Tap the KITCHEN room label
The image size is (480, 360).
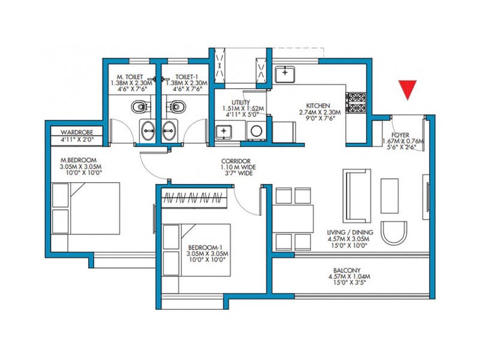[x=318, y=106]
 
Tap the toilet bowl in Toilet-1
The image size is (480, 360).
[x=175, y=106]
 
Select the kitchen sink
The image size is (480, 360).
[x=285, y=75]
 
